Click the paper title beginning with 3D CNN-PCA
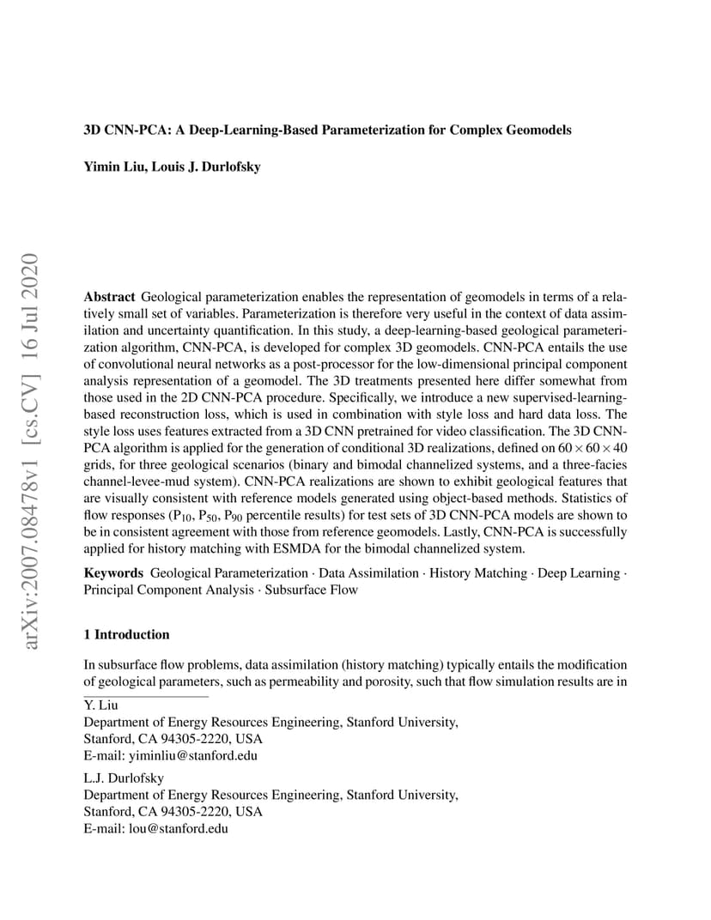[327, 130]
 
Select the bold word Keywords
[112, 573]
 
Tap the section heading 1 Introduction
[126, 635]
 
